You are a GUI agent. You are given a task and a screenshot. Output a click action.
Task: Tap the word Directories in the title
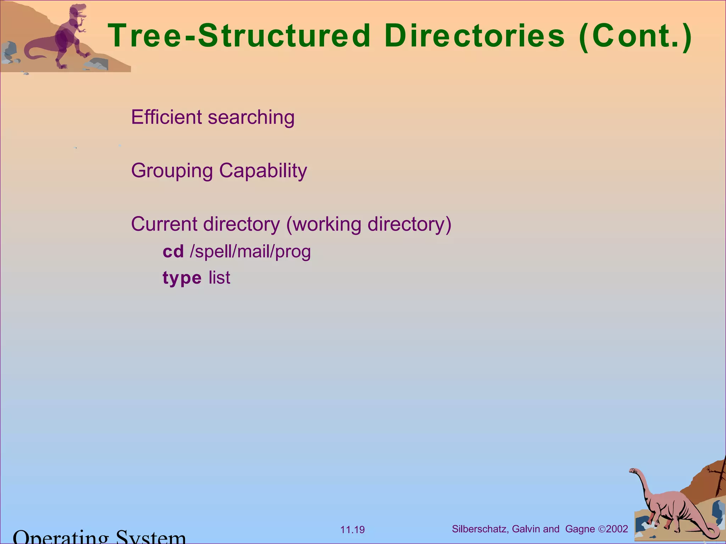pos(474,36)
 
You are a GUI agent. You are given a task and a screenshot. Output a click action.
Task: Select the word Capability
pos(263,171)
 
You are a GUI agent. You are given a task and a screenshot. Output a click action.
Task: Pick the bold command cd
pos(173,252)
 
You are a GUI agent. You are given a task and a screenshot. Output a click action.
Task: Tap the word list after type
pos(219,277)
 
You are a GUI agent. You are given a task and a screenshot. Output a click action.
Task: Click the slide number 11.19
pos(352,530)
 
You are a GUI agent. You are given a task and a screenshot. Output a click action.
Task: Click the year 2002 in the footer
pos(617,529)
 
